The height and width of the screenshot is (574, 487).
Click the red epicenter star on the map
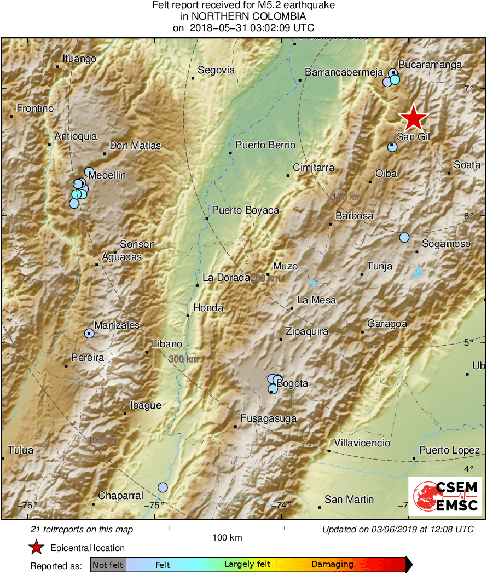click(414, 118)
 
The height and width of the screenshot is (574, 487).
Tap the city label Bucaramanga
click(430, 65)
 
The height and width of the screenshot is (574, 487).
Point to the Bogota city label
click(292, 383)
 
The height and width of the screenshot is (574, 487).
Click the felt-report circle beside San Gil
click(392, 147)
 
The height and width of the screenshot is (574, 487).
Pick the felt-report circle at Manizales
click(90, 333)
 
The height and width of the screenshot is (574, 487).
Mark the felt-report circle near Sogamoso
click(404, 237)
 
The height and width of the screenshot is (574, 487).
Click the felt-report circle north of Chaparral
click(163, 487)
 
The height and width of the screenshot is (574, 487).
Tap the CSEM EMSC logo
click(445, 496)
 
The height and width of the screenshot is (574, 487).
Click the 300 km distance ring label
click(183, 359)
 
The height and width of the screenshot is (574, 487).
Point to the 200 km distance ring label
click(265, 279)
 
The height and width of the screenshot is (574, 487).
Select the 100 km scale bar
click(227, 527)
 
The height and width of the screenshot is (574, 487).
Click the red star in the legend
click(37, 547)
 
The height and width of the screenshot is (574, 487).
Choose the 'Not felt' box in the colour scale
click(108, 565)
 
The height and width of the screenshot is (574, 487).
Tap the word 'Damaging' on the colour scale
click(332, 565)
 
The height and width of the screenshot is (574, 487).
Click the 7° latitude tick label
click(468, 88)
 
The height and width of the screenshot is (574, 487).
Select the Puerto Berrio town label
click(265, 145)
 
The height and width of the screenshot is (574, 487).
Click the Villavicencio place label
click(362, 443)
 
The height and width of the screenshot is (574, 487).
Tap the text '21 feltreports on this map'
click(82, 530)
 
